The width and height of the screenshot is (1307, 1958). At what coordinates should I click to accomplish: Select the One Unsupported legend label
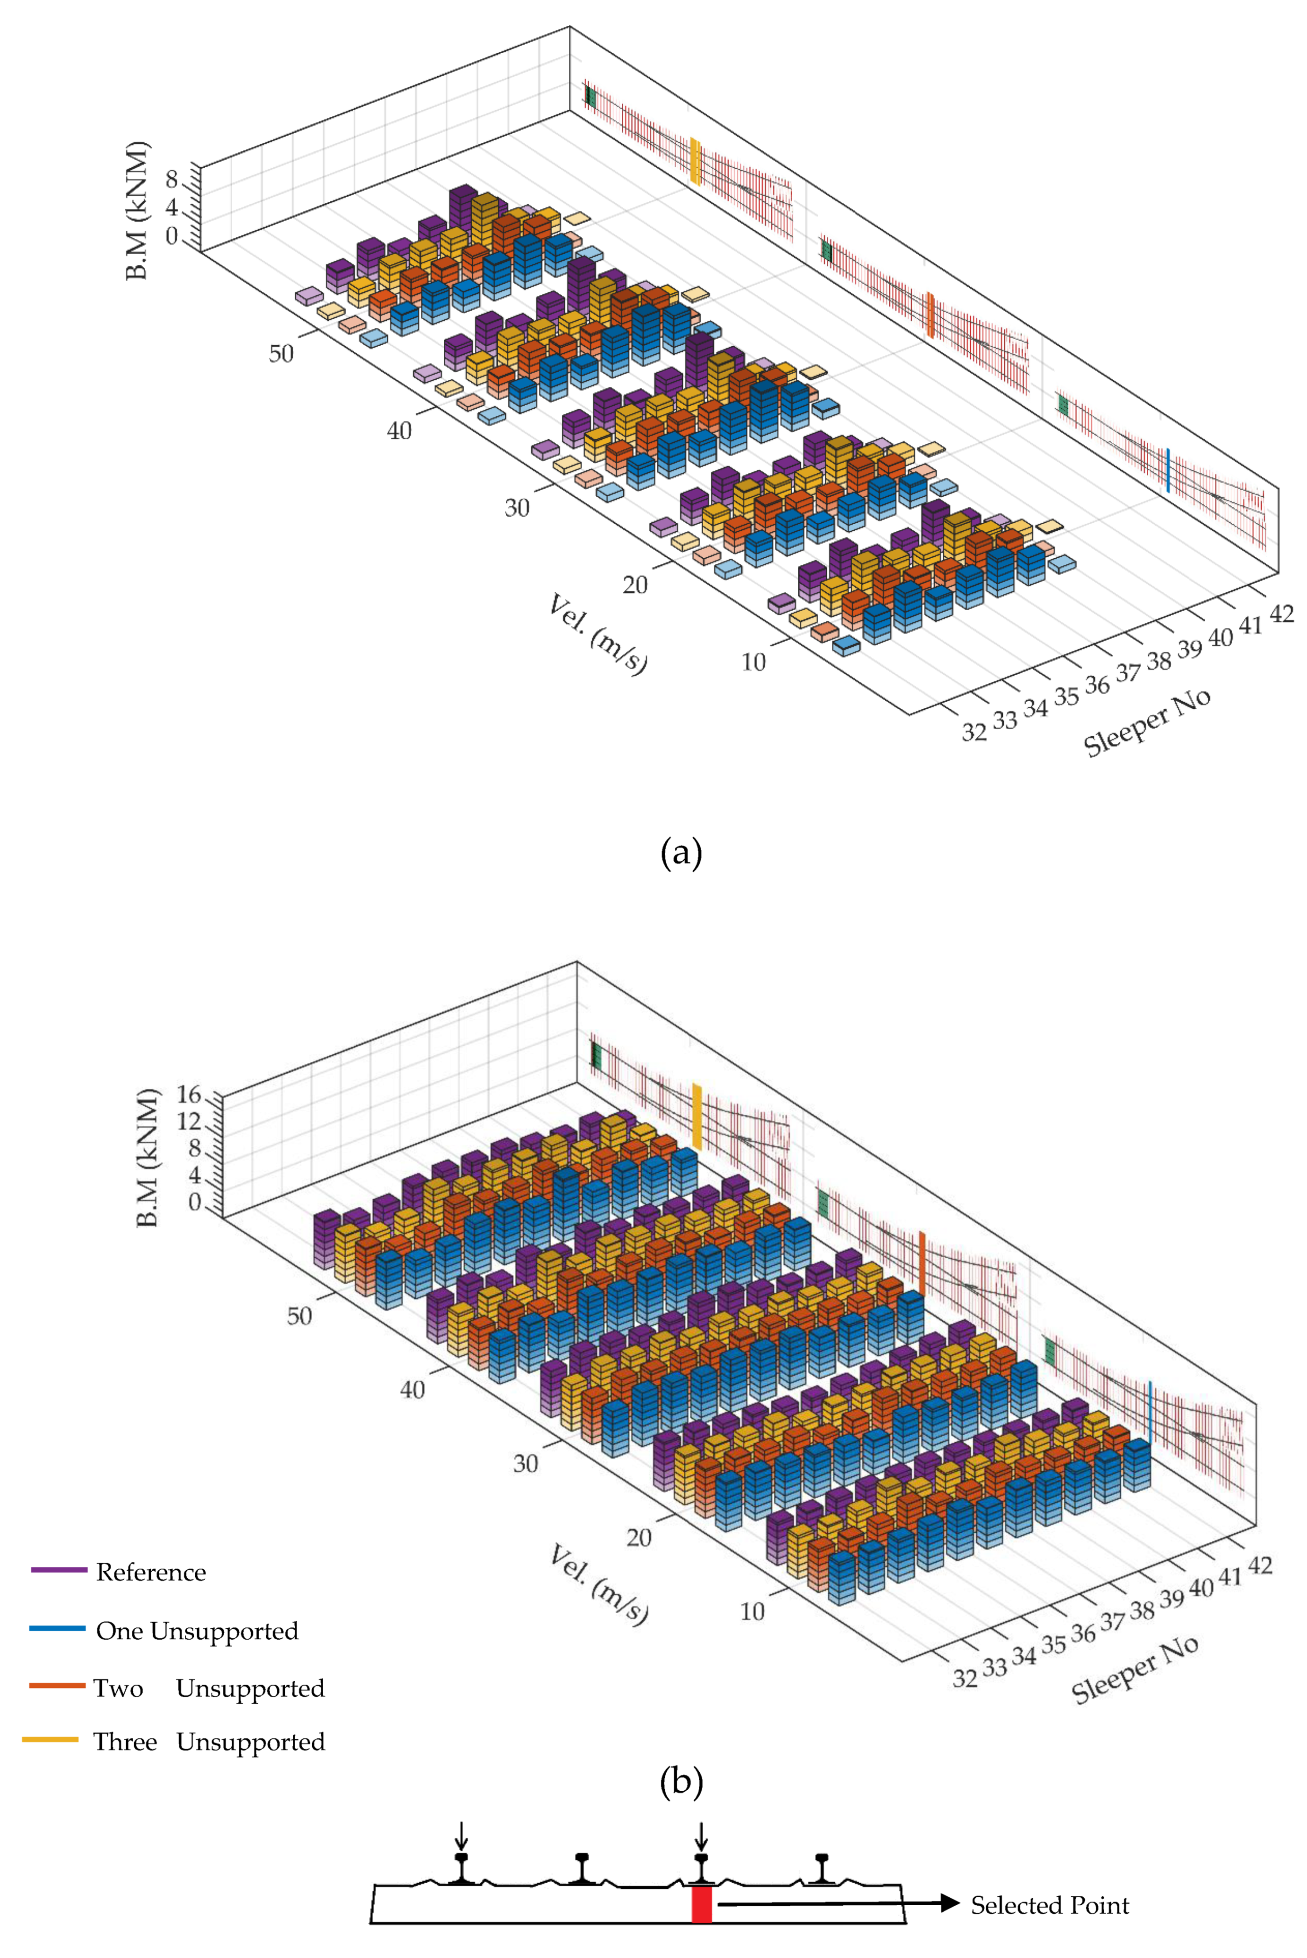tap(197, 1630)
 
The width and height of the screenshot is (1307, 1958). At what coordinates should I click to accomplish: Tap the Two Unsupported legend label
tap(208, 1688)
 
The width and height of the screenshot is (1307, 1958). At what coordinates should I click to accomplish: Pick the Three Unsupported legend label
tap(208, 1741)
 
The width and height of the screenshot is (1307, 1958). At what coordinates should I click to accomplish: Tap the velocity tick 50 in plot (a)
tap(281, 353)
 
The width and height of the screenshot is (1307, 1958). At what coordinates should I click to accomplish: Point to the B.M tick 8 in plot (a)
tap(172, 179)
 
